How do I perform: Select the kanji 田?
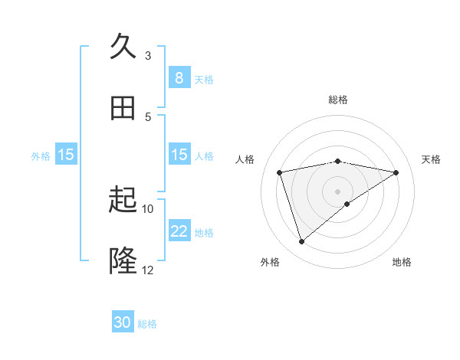(123, 108)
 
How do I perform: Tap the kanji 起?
(123, 201)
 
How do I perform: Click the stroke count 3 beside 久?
(148, 55)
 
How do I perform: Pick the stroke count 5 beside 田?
(148, 116)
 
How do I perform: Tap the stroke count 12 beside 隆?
(148, 270)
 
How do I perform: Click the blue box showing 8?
(179, 78)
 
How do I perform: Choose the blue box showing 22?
(179, 231)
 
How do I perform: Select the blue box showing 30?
(123, 323)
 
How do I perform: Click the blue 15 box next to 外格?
(66, 155)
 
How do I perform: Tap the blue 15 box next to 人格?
(179, 155)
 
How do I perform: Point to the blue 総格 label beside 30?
(147, 324)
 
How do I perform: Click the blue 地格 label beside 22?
(204, 232)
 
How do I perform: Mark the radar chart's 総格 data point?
(338, 161)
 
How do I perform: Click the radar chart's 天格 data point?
(396, 172)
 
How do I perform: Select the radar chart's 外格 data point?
(301, 242)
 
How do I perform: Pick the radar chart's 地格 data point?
(347, 204)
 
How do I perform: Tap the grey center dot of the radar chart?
(338, 191)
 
